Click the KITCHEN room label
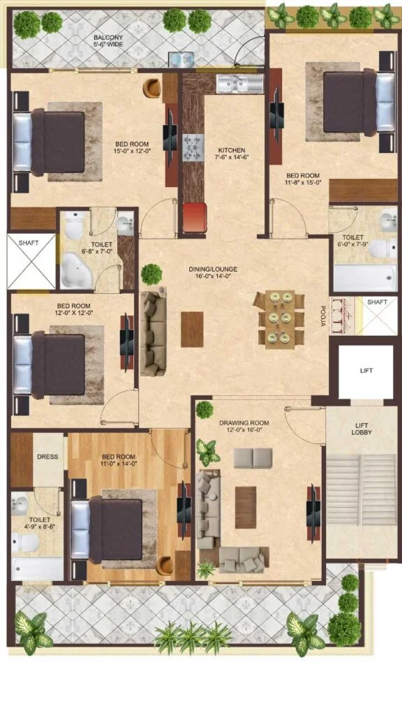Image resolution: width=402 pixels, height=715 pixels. point(232,149)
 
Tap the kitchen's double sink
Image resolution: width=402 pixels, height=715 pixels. point(240,84)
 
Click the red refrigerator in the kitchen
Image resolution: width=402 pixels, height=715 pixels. point(195,217)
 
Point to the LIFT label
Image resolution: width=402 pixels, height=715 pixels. point(366,371)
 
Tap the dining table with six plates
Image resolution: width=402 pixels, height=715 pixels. point(280,318)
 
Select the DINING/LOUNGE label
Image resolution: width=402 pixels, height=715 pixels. point(213,269)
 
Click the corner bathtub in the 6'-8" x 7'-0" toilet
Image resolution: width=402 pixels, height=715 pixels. point(77,272)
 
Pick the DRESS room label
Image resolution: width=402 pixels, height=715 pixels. point(47,457)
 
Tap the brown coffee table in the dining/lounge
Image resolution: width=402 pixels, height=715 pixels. point(192,330)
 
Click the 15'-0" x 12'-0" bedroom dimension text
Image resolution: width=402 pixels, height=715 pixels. point(132,152)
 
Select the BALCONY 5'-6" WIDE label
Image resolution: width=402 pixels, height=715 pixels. point(108,40)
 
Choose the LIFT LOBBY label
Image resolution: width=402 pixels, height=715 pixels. point(363,429)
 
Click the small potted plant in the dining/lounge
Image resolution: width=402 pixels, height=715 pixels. point(151,274)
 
